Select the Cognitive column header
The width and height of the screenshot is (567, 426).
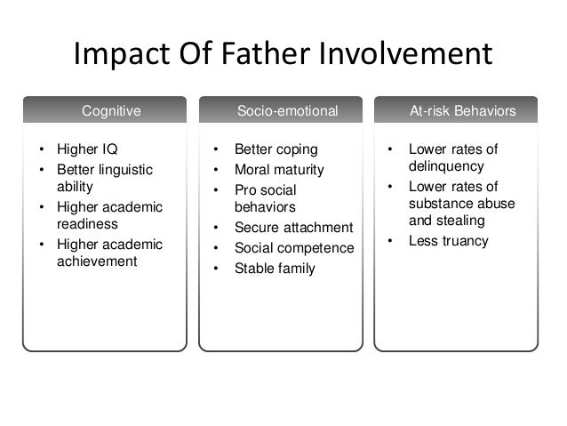[x=111, y=111]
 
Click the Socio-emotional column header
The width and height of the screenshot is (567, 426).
[x=287, y=111]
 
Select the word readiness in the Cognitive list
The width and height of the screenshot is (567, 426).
[x=88, y=224]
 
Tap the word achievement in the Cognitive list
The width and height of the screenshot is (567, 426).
[x=97, y=261]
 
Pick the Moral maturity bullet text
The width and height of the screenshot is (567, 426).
[x=279, y=169]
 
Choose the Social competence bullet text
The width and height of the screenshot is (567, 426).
[x=294, y=247]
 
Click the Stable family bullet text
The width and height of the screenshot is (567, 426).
[x=275, y=268]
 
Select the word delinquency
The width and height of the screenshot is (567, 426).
[x=445, y=165]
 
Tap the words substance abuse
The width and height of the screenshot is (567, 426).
[x=452, y=203]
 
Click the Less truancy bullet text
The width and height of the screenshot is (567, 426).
[x=448, y=240]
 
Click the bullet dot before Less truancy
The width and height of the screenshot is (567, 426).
[x=388, y=240]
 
